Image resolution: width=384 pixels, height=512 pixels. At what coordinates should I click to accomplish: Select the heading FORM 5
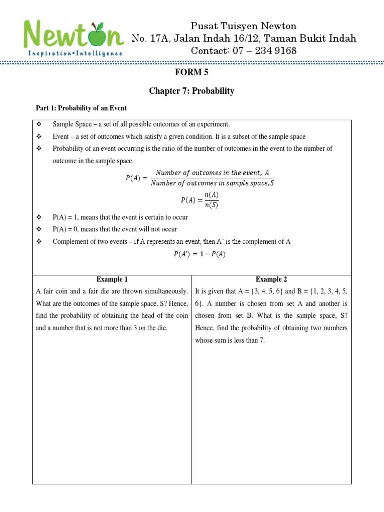(191, 72)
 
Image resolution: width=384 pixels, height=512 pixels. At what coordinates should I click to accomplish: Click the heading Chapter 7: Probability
(191, 91)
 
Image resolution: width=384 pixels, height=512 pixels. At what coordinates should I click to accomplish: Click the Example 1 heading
(112, 280)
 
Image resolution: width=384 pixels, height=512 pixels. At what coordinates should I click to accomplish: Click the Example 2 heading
(271, 280)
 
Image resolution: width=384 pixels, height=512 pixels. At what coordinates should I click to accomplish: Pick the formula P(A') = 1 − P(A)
(199, 254)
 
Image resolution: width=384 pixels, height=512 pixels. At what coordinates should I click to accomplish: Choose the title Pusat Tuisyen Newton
(244, 26)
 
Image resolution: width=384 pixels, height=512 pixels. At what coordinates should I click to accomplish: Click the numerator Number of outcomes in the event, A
(212, 173)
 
